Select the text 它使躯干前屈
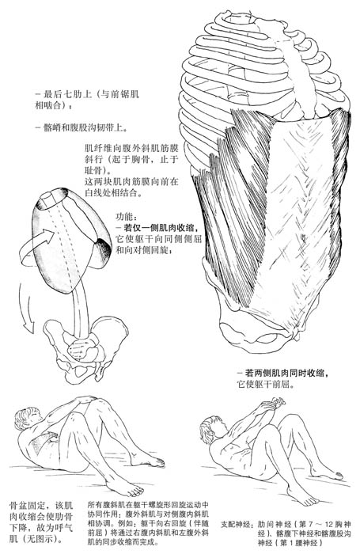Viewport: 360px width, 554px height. pyautogui.click(x=265, y=384)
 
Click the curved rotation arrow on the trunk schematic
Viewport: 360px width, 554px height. pyautogui.click(x=37, y=244)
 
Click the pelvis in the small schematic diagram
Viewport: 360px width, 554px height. pyautogui.click(x=85, y=350)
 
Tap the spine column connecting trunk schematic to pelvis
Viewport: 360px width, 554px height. pyautogui.click(x=81, y=311)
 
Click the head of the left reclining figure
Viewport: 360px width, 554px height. pyautogui.click(x=25, y=418)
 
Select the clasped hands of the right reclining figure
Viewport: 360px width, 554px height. pyautogui.click(x=274, y=403)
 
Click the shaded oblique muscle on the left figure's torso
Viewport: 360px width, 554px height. pyautogui.click(x=44, y=442)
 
